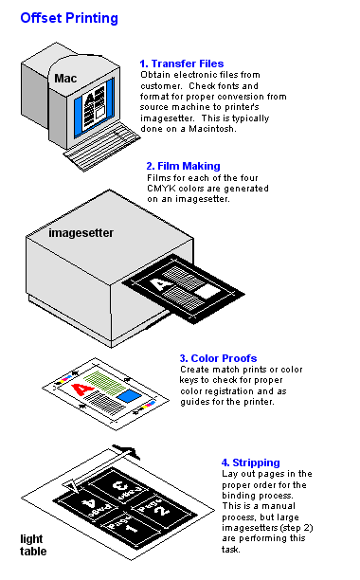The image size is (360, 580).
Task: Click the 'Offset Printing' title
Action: [69, 18]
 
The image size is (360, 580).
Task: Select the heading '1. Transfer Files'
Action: [182, 63]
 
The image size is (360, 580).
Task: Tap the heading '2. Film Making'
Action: [184, 166]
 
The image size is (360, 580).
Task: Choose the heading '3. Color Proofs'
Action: [218, 358]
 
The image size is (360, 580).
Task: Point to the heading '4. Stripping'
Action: [251, 462]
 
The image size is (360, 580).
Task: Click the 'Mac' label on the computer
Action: [65, 79]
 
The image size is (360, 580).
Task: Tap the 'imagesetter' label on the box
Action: [81, 233]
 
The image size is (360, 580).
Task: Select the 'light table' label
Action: [33, 545]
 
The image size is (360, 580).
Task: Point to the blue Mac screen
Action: [94, 106]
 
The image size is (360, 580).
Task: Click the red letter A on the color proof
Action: [82, 390]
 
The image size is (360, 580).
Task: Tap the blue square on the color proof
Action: [129, 396]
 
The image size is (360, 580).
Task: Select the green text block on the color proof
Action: [105, 383]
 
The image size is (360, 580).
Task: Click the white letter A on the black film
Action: [160, 285]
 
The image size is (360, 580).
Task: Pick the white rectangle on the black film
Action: [207, 292]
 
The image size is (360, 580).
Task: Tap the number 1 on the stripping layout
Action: [133, 528]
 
